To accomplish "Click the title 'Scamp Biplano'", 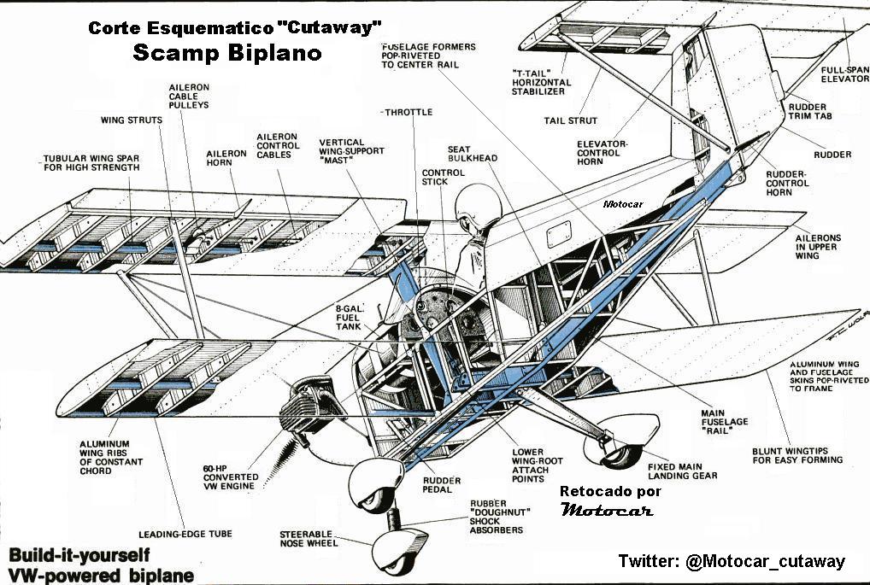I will click(227, 53).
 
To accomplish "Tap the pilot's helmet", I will click(473, 206).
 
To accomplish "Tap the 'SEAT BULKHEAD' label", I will click(472, 154).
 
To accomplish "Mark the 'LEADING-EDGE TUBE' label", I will click(185, 535).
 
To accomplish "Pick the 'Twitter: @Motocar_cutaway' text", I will click(732, 561).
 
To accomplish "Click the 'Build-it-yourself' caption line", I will click(75, 554).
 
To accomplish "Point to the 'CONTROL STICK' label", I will click(443, 178).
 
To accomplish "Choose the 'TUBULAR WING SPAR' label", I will click(91, 163).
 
